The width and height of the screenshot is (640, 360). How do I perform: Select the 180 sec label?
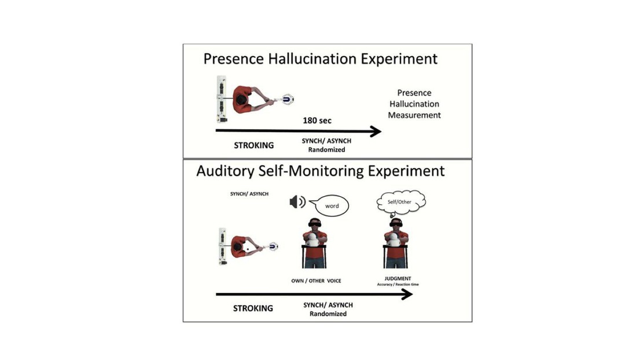coord(317,120)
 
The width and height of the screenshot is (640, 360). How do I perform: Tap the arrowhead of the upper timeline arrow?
coord(376,131)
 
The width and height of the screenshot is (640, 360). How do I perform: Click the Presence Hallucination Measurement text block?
coord(414,104)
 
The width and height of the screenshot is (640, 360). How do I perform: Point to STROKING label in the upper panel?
coord(254,145)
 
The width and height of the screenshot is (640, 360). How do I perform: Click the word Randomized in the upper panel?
coord(326,150)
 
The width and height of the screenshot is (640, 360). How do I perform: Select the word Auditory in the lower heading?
coord(225,171)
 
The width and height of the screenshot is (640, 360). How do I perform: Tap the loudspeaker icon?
coord(297,201)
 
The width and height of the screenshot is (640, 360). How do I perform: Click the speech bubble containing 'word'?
coord(330,205)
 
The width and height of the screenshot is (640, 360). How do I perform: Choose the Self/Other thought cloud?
coord(400,202)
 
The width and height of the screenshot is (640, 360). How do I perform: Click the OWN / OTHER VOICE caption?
coord(316,281)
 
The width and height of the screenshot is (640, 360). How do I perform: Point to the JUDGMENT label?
coord(398,278)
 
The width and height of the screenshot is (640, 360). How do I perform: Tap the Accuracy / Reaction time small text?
coord(398,285)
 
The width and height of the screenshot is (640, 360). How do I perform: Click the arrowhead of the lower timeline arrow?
coord(407,294)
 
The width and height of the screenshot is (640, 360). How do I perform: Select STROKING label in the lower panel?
coord(253,308)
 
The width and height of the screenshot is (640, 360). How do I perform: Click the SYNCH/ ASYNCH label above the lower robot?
coord(249,194)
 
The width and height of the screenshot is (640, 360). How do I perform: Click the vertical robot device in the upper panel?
coord(222,99)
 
